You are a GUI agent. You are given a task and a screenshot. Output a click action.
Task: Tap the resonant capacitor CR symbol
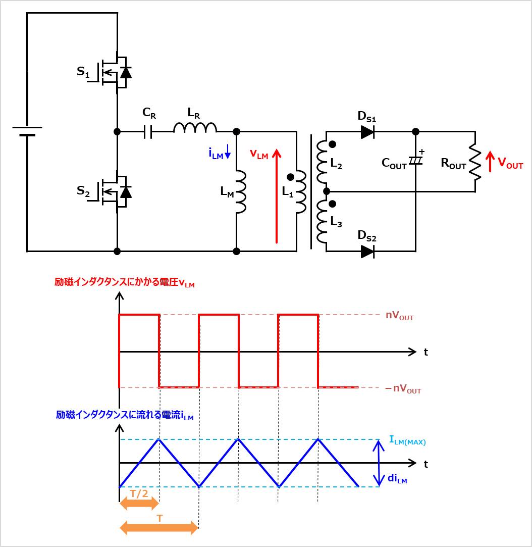[x=148, y=132]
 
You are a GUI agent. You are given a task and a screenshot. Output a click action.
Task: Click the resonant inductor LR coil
[x=195, y=128]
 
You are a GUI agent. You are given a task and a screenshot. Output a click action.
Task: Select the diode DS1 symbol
[x=367, y=132]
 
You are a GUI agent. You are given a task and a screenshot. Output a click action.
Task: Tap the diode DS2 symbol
[x=367, y=251]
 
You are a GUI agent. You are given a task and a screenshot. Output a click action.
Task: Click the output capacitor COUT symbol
[x=415, y=161]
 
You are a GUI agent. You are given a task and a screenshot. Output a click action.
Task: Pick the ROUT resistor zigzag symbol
[x=475, y=162]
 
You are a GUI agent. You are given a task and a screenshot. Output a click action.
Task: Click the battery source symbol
[x=27, y=131]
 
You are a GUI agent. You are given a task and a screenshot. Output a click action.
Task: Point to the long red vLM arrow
[x=277, y=196]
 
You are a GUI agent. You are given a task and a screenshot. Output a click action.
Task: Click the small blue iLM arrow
[x=228, y=152]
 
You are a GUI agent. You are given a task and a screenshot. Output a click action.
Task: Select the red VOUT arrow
[x=490, y=161]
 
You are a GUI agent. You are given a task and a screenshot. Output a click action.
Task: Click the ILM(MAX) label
[x=407, y=440]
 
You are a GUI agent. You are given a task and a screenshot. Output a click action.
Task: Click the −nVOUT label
[x=403, y=388]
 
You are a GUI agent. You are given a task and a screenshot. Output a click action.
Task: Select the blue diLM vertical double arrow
[x=379, y=463]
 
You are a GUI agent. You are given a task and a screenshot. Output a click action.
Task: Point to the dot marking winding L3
[x=333, y=204]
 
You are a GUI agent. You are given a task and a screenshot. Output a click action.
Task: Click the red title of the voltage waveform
[x=125, y=282]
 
